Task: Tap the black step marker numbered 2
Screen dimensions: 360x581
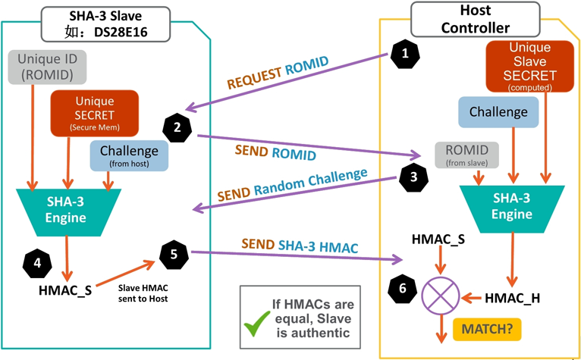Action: coord(177,127)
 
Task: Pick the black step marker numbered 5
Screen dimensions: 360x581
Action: coord(174,253)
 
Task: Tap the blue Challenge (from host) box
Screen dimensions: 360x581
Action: coord(129,155)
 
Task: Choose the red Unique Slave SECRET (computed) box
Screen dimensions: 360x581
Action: coord(522,68)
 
